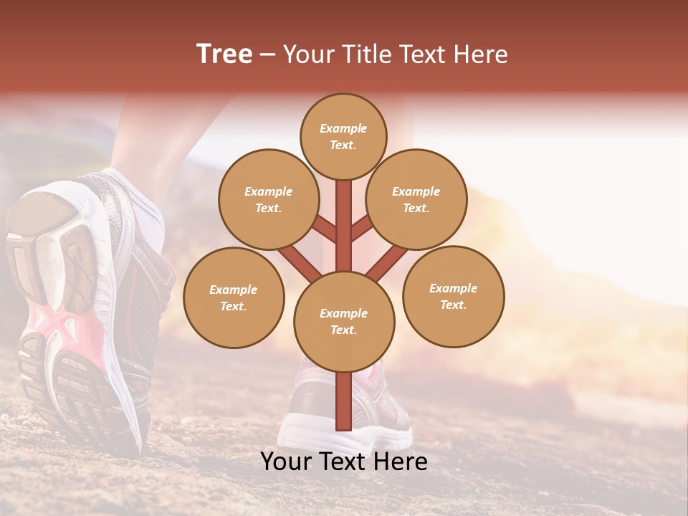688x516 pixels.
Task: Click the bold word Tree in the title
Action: pyautogui.click(x=224, y=54)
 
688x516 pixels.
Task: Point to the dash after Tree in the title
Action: pyautogui.click(x=267, y=55)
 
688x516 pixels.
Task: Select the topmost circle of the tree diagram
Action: pyautogui.click(x=343, y=136)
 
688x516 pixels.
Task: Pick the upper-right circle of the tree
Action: pyautogui.click(x=416, y=199)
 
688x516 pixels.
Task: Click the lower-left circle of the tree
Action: pyautogui.click(x=234, y=297)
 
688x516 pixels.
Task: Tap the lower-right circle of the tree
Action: pyautogui.click(x=453, y=296)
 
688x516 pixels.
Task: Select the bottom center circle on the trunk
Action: pyautogui.click(x=343, y=321)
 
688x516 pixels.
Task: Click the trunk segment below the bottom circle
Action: pyautogui.click(x=343, y=401)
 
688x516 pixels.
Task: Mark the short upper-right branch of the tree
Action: pyautogui.click(x=360, y=229)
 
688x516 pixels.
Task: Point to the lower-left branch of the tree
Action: pyautogui.click(x=300, y=264)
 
